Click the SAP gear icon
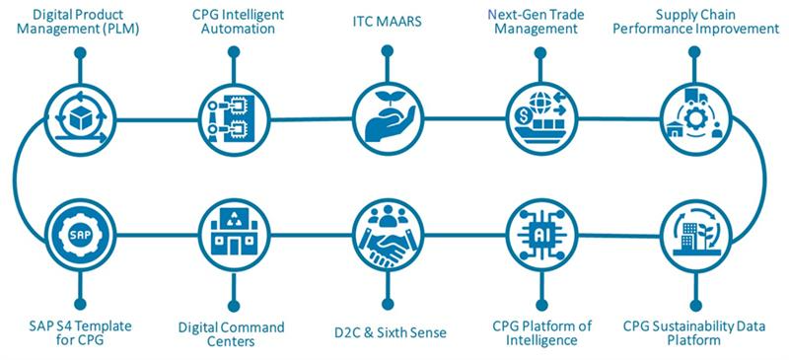point(80,235)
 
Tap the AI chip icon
point(540,235)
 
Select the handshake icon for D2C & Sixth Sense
point(387,235)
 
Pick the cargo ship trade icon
point(539,119)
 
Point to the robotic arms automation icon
point(233,119)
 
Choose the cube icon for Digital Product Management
point(80,119)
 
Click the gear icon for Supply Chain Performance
point(694,119)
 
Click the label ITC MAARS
point(386,23)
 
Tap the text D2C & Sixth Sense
point(390,332)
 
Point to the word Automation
point(239,29)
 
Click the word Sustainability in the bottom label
point(692,326)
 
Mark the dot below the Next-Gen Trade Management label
point(540,52)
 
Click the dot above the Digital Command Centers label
point(234,306)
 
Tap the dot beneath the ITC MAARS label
point(387,50)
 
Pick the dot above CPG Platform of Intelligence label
point(540,305)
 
